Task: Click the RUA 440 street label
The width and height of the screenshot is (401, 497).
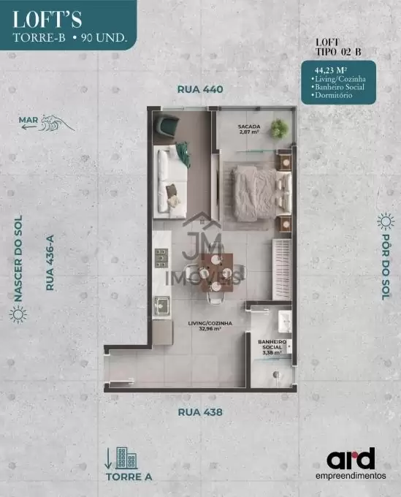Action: click(x=200, y=89)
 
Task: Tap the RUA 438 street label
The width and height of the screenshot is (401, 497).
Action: click(x=200, y=412)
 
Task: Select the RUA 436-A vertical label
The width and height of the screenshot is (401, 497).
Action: click(x=50, y=262)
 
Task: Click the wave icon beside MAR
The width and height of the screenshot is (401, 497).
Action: click(x=57, y=123)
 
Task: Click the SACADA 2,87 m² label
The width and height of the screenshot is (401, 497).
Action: click(x=249, y=129)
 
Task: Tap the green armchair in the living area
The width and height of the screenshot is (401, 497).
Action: click(x=167, y=126)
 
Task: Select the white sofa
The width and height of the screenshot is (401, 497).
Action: click(x=169, y=181)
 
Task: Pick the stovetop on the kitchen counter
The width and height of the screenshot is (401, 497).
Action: click(x=161, y=258)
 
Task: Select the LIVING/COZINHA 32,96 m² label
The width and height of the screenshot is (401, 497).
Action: click(x=210, y=326)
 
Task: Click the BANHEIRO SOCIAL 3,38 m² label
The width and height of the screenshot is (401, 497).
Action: click(x=272, y=347)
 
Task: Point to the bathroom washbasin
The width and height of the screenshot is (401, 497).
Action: click(x=285, y=322)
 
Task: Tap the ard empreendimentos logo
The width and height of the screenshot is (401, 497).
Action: click(x=351, y=463)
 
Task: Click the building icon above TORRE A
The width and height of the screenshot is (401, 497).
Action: click(x=126, y=458)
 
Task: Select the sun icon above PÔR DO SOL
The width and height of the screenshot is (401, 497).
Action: click(x=386, y=221)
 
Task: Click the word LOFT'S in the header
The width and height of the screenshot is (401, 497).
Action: click(x=47, y=20)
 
